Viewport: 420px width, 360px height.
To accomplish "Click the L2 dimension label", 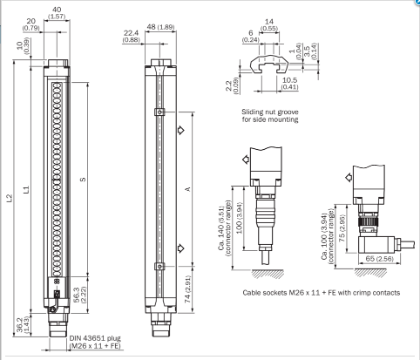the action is click(10, 198).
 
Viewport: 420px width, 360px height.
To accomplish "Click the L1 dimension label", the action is click(26, 189).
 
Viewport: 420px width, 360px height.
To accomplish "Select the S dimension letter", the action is click(83, 180).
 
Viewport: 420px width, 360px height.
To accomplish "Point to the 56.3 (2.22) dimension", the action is click(80, 295).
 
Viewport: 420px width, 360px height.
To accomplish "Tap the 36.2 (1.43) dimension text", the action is click(23, 325).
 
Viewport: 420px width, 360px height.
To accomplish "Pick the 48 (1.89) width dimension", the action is click(160, 27).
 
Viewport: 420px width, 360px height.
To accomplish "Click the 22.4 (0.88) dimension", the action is click(131, 37).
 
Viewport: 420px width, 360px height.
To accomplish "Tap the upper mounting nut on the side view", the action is click(159, 112).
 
